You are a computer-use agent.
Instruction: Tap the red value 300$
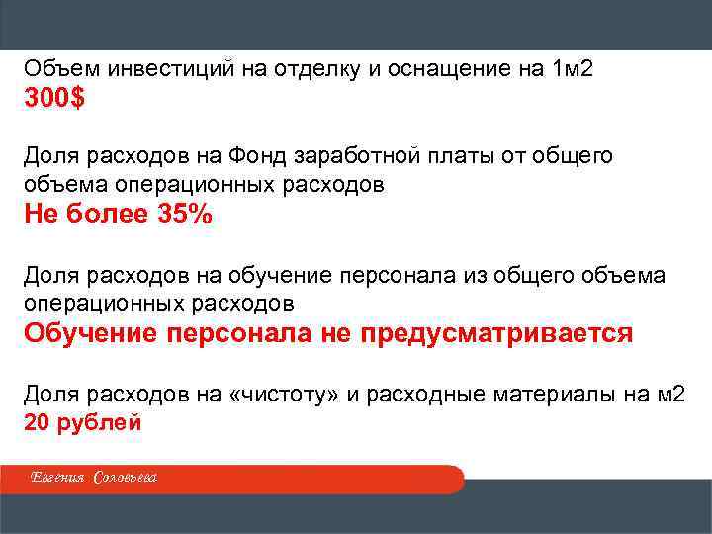(54, 99)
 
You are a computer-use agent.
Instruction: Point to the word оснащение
(442, 70)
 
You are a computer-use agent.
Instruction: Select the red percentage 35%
(185, 215)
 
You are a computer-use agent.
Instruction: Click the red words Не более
(86, 215)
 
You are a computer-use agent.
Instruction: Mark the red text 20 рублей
(83, 422)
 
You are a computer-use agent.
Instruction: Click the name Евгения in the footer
(58, 480)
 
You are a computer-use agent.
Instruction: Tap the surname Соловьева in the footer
(125, 480)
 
